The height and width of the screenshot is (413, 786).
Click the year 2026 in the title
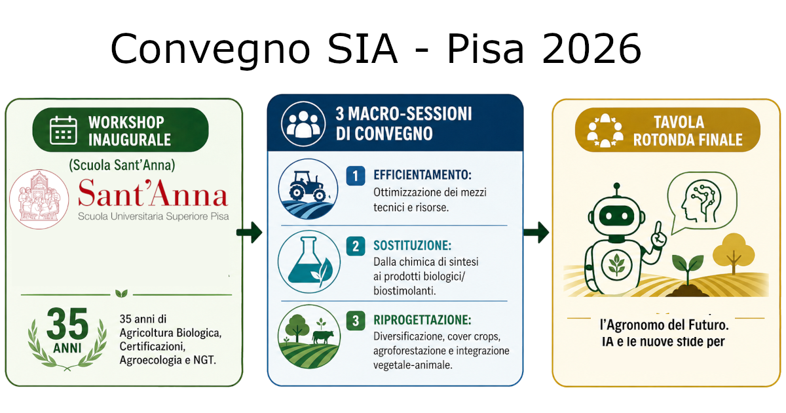click(x=592, y=49)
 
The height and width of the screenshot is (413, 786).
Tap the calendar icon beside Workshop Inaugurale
click(x=63, y=130)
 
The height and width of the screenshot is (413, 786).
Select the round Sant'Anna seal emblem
click(x=39, y=199)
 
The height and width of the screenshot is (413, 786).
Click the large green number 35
click(x=67, y=323)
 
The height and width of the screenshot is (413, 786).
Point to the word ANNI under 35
click(x=67, y=348)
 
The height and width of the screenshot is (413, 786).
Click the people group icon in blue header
click(x=303, y=124)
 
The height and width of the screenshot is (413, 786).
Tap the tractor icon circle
click(x=308, y=189)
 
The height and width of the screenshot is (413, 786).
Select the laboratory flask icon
click(x=309, y=262)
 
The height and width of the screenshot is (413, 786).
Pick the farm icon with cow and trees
click(x=309, y=336)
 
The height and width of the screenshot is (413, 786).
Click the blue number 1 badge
click(x=356, y=176)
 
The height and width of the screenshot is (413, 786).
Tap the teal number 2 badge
click(x=356, y=246)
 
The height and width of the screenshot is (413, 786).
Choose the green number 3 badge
click(x=356, y=321)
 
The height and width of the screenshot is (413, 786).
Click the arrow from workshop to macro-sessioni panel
click(x=250, y=232)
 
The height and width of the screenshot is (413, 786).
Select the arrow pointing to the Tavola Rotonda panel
click(x=536, y=232)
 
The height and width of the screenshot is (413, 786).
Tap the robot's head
click(x=616, y=214)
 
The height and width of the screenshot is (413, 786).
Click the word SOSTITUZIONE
click(x=412, y=245)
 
